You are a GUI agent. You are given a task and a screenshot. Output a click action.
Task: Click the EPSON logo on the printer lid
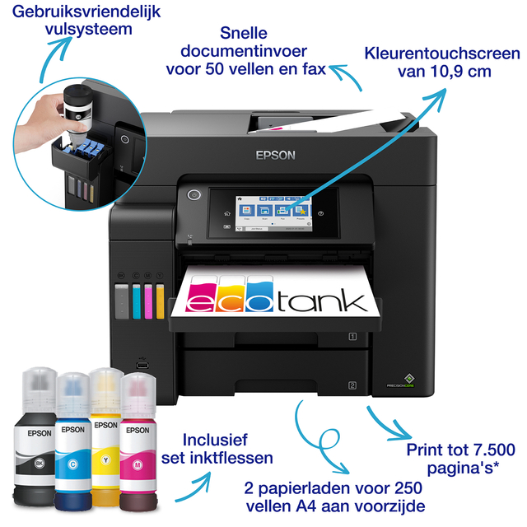(x=275, y=154)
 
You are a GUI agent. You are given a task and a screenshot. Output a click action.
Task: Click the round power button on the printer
(x=194, y=196)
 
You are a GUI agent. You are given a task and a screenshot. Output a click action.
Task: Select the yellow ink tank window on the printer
(x=160, y=301)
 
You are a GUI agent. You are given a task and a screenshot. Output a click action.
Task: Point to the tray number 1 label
(x=352, y=336)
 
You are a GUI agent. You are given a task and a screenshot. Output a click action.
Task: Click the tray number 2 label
(x=352, y=385)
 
